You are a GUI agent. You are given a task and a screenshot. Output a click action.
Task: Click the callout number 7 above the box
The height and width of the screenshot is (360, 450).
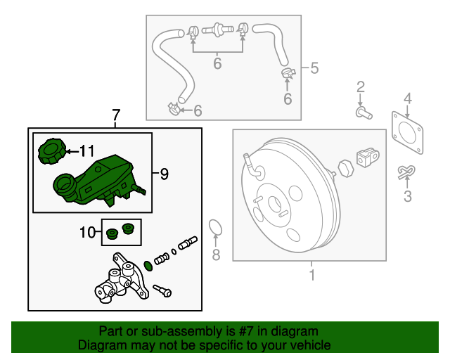116,115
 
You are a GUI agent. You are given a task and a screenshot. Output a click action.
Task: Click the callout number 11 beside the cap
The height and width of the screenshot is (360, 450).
86,150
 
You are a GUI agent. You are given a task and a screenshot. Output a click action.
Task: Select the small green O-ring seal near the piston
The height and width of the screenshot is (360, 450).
146,265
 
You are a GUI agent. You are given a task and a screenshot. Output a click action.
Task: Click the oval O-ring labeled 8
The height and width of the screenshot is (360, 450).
217,228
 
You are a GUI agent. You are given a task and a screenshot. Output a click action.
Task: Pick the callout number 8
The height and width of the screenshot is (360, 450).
217,253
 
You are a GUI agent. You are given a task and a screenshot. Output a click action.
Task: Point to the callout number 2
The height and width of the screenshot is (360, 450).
361,87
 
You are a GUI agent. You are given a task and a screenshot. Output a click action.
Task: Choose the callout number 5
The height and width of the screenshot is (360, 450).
314,68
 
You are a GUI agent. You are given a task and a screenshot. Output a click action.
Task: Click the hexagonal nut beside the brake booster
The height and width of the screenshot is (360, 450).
345,169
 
